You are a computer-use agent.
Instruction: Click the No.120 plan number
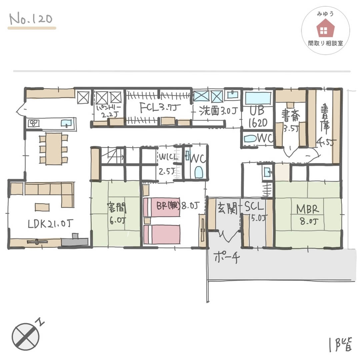click(x=31, y=20)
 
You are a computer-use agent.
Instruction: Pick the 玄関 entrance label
click(x=227, y=209)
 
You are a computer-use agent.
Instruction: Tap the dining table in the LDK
click(x=54, y=148)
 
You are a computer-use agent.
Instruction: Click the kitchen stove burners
click(x=33, y=123)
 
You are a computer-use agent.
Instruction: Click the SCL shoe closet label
click(x=255, y=209)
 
